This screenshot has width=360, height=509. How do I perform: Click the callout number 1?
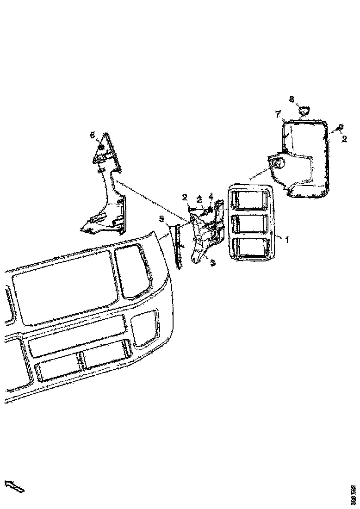[287, 239]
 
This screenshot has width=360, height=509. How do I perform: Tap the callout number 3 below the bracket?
[212, 263]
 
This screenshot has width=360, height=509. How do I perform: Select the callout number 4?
[211, 196]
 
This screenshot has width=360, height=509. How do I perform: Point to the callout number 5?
[161, 218]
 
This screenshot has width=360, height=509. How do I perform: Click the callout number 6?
[92, 135]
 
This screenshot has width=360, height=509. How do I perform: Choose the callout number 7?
[278, 114]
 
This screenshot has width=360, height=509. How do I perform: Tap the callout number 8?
[292, 99]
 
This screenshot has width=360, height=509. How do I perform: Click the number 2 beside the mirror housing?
[344, 138]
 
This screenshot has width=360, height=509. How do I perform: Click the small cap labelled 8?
[304, 110]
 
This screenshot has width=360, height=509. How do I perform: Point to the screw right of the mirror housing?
[340, 126]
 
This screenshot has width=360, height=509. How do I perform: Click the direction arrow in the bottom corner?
[14, 486]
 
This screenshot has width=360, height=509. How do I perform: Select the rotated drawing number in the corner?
[354, 494]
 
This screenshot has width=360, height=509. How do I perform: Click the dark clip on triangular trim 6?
[100, 148]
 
